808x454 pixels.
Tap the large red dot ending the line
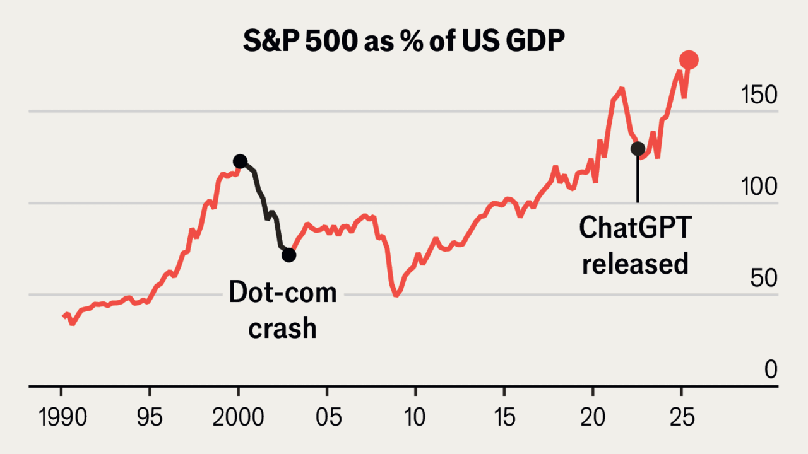689,60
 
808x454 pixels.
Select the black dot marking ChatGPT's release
638,149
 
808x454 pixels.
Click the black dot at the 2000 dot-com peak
240,161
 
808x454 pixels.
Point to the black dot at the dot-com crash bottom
288,255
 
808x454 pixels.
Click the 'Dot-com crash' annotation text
282,310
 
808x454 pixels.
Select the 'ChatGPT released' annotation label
635,245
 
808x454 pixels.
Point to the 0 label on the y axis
771,370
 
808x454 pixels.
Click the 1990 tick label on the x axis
62,418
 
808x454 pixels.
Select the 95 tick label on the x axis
150,418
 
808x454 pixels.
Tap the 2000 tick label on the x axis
239,418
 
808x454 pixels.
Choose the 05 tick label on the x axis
327,418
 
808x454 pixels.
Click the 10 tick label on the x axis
415,418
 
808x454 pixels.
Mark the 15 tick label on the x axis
504,418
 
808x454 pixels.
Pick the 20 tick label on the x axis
593,418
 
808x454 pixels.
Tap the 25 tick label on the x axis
681,418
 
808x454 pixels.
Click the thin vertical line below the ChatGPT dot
638,180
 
